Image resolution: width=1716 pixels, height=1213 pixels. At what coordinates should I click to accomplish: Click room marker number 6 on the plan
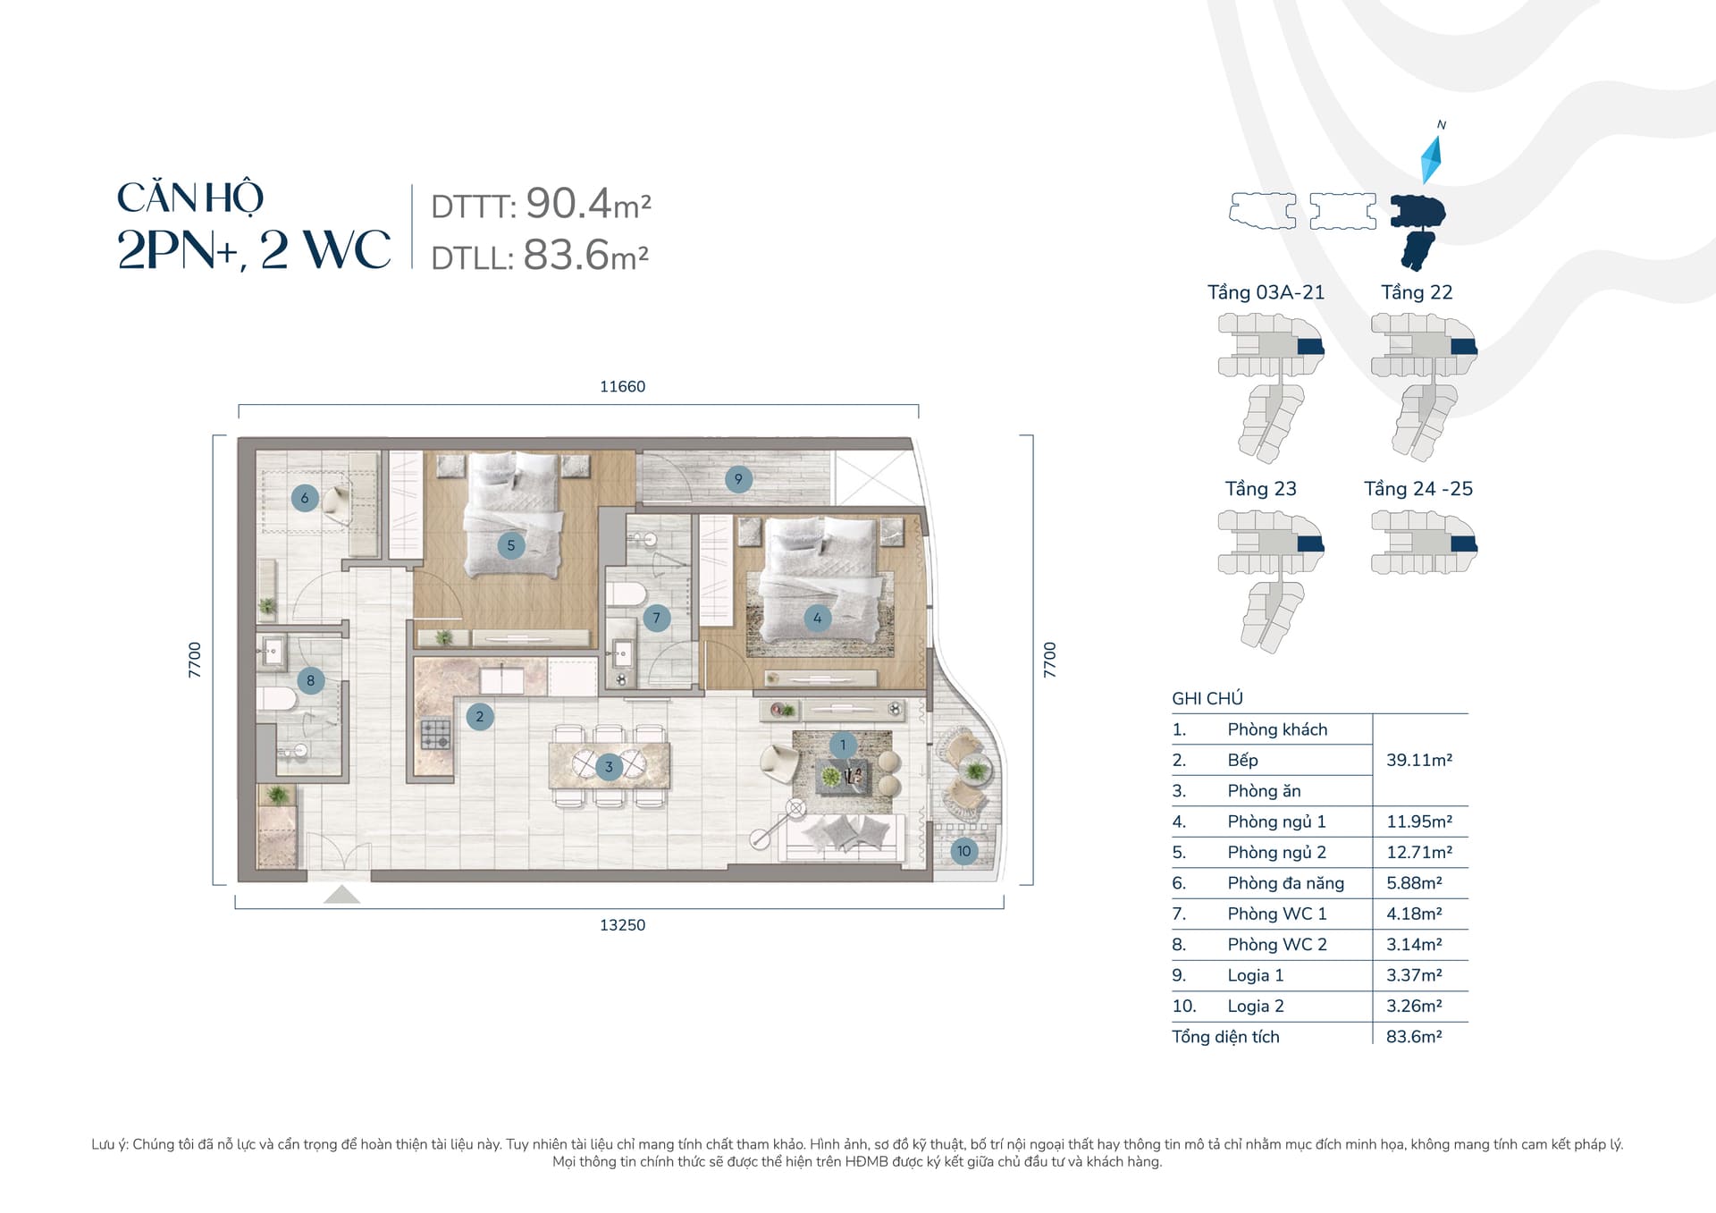(305, 498)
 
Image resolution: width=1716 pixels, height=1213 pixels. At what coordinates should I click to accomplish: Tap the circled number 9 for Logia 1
(738, 479)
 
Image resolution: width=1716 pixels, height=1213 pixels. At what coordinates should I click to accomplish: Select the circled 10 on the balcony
(963, 851)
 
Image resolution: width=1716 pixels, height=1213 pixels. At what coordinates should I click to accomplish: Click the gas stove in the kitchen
(436, 735)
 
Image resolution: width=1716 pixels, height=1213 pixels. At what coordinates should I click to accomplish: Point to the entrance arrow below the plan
(341, 895)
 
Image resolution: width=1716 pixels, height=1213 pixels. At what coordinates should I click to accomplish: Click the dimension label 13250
(622, 925)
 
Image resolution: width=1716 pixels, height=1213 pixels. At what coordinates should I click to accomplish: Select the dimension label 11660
(622, 386)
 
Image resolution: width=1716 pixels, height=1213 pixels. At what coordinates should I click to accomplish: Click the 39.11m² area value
(1419, 760)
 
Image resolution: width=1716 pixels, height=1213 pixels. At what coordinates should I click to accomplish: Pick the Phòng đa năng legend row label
(1285, 883)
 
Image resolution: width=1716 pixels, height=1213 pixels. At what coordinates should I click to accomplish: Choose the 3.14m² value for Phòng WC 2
(1414, 944)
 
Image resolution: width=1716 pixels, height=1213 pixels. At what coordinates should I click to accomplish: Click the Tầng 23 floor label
(1260, 489)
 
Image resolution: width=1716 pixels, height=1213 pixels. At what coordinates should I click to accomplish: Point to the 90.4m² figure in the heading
(588, 204)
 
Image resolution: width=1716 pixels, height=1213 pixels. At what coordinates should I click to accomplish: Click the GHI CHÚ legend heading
(1207, 698)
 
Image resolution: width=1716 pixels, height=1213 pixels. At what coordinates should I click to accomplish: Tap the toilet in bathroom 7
(627, 594)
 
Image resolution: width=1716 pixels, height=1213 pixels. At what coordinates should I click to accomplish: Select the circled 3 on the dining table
(609, 767)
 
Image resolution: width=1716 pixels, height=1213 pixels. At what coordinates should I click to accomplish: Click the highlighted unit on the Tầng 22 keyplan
(1463, 347)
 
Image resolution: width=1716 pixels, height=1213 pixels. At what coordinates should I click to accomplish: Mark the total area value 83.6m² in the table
(1414, 1037)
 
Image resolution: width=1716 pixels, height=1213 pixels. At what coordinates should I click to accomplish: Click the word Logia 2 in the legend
(1256, 1006)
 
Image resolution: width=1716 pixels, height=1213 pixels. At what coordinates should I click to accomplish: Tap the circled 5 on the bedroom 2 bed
(511, 545)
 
